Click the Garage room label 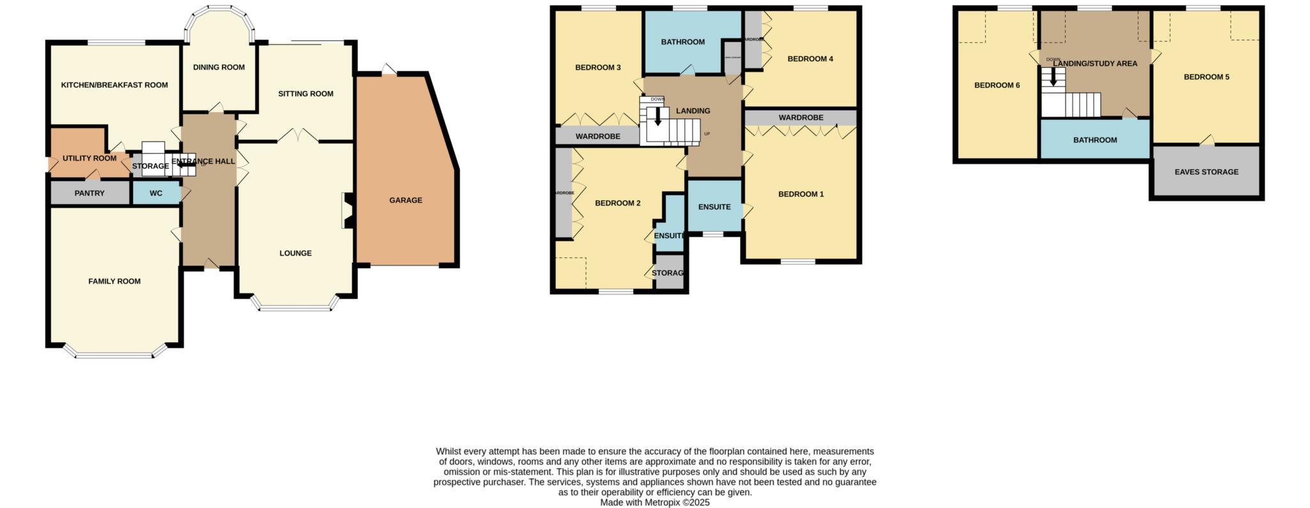[x=406, y=200]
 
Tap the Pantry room [x=90, y=193]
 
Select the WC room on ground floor [x=156, y=193]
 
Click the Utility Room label [x=90, y=159]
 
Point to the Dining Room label [x=219, y=67]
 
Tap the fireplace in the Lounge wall [x=347, y=210]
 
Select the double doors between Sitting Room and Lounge [x=298, y=136]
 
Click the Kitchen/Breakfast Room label [x=114, y=85]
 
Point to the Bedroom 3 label [x=598, y=68]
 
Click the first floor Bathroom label [x=683, y=42]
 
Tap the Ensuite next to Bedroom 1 [x=714, y=207]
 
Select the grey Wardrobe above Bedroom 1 [x=800, y=118]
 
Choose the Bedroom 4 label [x=810, y=59]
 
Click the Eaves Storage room [x=1206, y=172]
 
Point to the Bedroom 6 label [x=997, y=86]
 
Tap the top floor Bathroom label [x=1095, y=140]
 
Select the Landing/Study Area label [x=1095, y=64]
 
